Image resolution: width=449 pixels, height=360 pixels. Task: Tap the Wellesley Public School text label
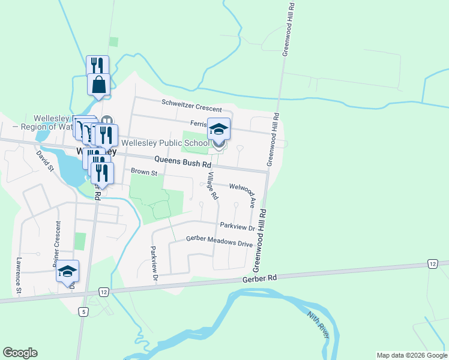coord(165,143)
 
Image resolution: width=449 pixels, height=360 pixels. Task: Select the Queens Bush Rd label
coord(182,161)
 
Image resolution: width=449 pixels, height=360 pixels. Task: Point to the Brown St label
coord(144,173)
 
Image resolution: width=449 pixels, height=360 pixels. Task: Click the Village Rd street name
coord(212,185)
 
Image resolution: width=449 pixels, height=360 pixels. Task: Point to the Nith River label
coord(318,325)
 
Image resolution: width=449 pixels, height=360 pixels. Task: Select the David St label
coord(44,160)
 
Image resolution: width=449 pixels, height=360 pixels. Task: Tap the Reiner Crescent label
coord(58,244)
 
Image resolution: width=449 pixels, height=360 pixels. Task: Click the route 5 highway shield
coord(83,311)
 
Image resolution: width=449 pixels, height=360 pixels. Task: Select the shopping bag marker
coord(98,84)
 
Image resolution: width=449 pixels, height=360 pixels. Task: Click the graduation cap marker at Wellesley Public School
coord(218,130)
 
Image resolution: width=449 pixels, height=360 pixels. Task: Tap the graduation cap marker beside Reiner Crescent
coord(68,271)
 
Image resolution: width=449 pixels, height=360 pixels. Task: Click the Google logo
coord(20,353)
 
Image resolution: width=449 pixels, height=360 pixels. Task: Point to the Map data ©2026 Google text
coord(411,355)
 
